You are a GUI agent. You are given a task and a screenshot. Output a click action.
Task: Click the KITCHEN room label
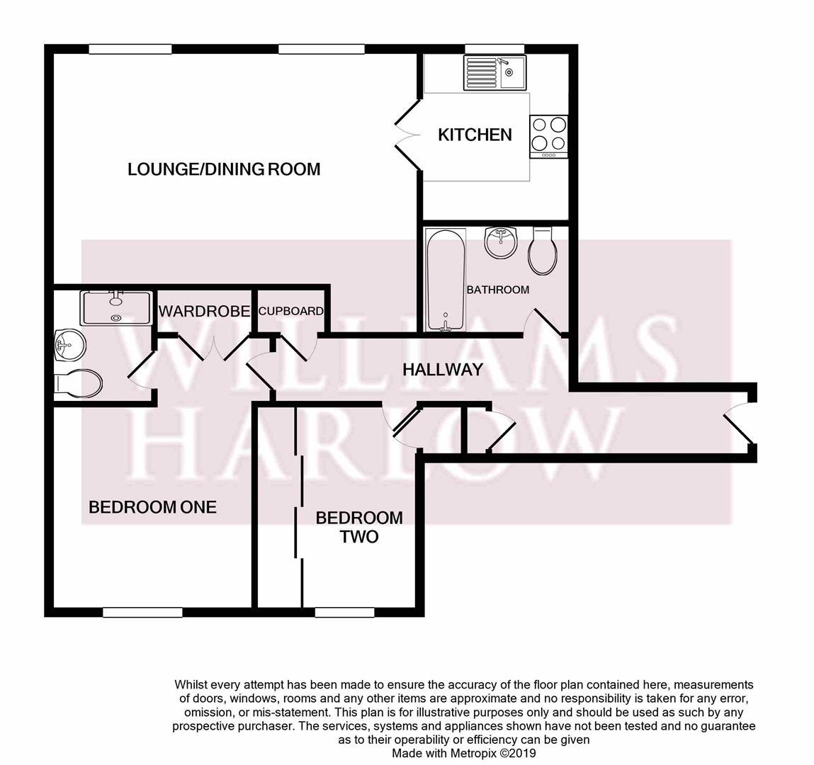pyautogui.click(x=475, y=135)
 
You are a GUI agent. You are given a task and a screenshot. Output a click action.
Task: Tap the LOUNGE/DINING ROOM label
pyautogui.click(x=224, y=169)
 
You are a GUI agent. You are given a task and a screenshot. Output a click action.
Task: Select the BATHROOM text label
pyautogui.click(x=498, y=290)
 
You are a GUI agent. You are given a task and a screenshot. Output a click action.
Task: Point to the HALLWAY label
pyautogui.click(x=443, y=370)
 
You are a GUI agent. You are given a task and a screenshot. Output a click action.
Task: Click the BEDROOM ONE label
pyautogui.click(x=152, y=507)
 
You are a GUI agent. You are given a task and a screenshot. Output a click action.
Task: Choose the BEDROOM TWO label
pyautogui.click(x=359, y=527)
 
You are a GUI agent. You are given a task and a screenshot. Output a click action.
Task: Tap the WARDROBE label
pyautogui.click(x=204, y=312)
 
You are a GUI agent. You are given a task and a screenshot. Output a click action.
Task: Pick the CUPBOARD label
pyautogui.click(x=290, y=311)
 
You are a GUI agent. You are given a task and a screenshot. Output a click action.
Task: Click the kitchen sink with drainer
pyautogui.click(x=494, y=73)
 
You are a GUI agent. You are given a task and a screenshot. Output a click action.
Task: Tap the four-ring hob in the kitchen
pyautogui.click(x=549, y=137)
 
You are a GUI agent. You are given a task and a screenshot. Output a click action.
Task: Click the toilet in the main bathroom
pyautogui.click(x=543, y=251)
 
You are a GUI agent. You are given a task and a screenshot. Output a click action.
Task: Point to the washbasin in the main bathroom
pyautogui.click(x=500, y=242)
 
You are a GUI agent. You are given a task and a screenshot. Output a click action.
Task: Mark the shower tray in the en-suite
pyautogui.click(x=116, y=308)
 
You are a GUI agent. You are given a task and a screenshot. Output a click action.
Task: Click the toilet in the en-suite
pyautogui.click(x=79, y=384)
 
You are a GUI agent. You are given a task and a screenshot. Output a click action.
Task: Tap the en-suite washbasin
pyautogui.click(x=69, y=345)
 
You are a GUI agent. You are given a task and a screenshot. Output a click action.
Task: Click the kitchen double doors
pyautogui.click(x=408, y=135)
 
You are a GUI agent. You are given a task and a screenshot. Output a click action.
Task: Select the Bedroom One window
pyautogui.click(x=143, y=613)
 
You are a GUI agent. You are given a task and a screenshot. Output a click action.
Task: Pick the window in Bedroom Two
pyautogui.click(x=345, y=613)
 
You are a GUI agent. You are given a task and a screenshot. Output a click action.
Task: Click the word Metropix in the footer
pyautogui.click(x=469, y=752)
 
